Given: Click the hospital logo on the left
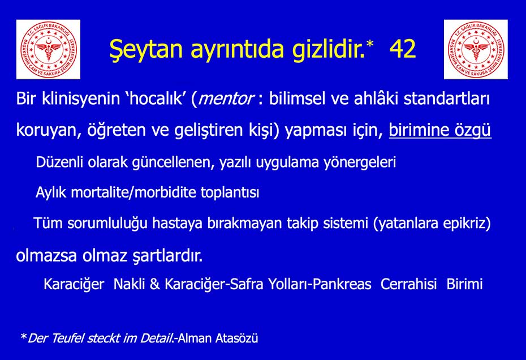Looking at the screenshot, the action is pos(48,49).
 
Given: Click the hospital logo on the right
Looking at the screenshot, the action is pos(476,49).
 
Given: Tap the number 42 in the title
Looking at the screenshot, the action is pos(403,49).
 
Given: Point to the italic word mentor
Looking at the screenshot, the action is pos(226,99).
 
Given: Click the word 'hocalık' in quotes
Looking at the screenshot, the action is pos(156,98).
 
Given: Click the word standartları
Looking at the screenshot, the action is pos(446,98).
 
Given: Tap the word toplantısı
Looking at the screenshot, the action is pos(230,193).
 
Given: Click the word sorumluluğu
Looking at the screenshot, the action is pos(107,224).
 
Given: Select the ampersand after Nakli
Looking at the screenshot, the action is pos(154,284).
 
